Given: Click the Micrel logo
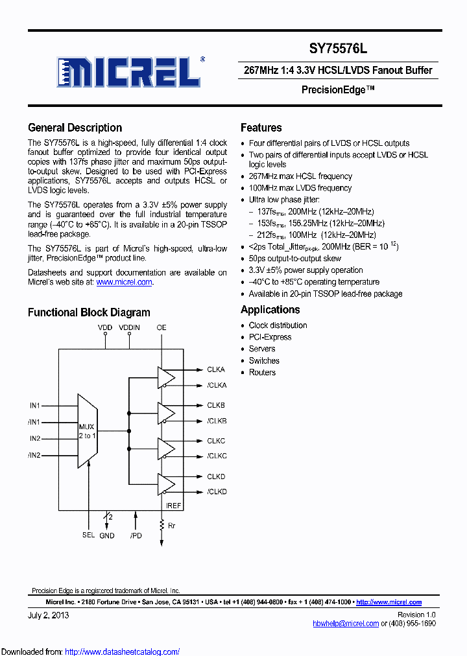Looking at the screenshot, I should (x=130, y=72).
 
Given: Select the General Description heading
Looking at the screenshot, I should (x=75, y=128).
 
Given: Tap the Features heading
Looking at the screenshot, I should (x=261, y=128).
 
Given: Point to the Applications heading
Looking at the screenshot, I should (x=270, y=310).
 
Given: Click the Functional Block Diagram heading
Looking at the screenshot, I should (x=89, y=312).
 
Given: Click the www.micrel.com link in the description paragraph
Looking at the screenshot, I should (x=124, y=282).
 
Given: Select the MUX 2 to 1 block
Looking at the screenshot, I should (x=87, y=431).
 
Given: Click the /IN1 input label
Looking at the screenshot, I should (x=34, y=422).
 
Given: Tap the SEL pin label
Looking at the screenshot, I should (x=88, y=535).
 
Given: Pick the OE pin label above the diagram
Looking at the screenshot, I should (x=162, y=328).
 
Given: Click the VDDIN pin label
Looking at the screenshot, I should (x=129, y=328).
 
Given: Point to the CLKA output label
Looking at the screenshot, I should (x=216, y=369).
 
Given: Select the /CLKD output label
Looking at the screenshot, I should (x=217, y=492).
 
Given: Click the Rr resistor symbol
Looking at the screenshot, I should (x=162, y=525).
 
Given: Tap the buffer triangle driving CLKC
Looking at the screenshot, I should (x=166, y=448).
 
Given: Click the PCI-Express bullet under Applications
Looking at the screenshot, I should (x=270, y=337).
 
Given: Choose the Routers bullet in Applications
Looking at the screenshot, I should (x=262, y=373).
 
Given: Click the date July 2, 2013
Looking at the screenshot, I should (x=49, y=615).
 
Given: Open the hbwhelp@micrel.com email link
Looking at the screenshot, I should (x=345, y=623).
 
